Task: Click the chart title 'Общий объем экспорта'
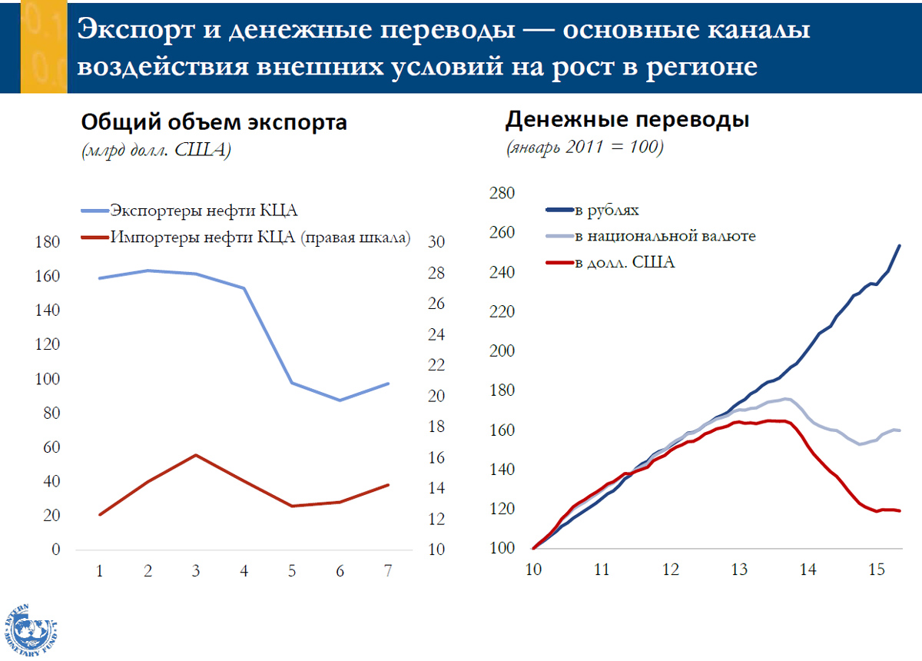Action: pyautogui.click(x=214, y=122)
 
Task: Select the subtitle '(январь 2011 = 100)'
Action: pyautogui.click(x=584, y=148)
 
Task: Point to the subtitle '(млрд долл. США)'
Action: pyautogui.click(x=157, y=151)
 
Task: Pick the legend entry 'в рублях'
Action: pyautogui.click(x=607, y=210)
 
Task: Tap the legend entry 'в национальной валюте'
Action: pyautogui.click(x=665, y=236)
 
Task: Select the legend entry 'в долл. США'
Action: pyautogui.click(x=624, y=263)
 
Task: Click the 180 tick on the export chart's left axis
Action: pyautogui.click(x=48, y=242)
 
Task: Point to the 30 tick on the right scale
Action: pyautogui.click(x=436, y=242)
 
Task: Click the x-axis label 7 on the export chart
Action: pyautogui.click(x=388, y=571)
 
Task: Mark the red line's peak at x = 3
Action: pyautogui.click(x=196, y=455)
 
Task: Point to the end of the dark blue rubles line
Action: pyautogui.click(x=900, y=246)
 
